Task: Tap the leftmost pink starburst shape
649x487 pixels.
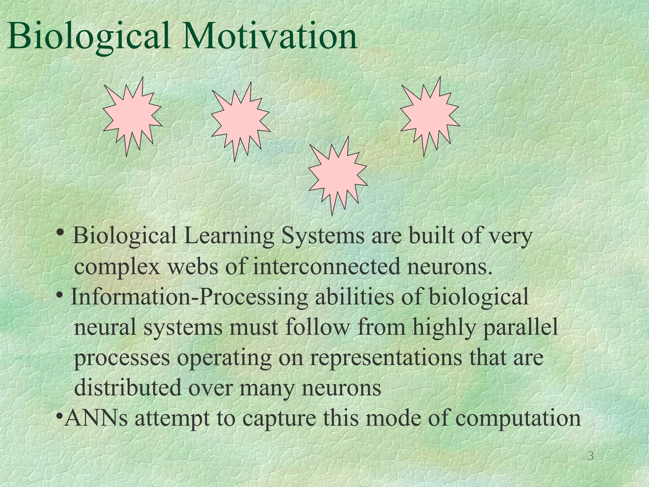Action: (x=132, y=117)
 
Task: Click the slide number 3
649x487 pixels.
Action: (x=590, y=456)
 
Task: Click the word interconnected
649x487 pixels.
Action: (x=326, y=267)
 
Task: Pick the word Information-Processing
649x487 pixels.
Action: (x=189, y=297)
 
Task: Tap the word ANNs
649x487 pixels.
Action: (x=96, y=418)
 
